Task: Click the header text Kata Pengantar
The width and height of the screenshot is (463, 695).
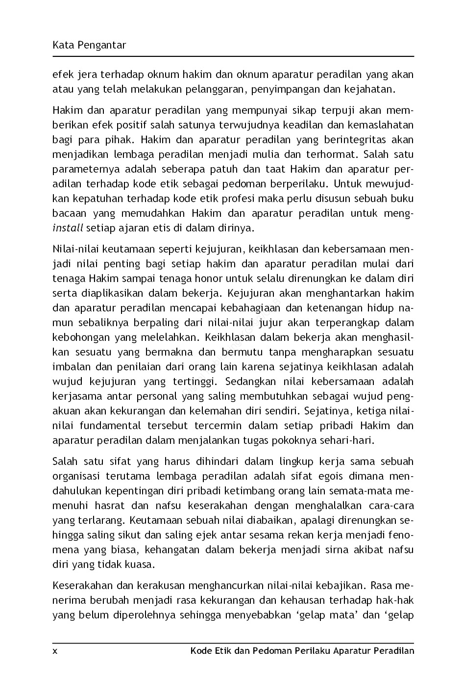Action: (x=89, y=46)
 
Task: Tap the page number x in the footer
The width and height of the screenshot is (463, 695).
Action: (x=55, y=651)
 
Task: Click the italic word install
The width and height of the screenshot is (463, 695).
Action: (x=68, y=228)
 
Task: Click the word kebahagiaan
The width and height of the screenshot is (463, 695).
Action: (x=250, y=308)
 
